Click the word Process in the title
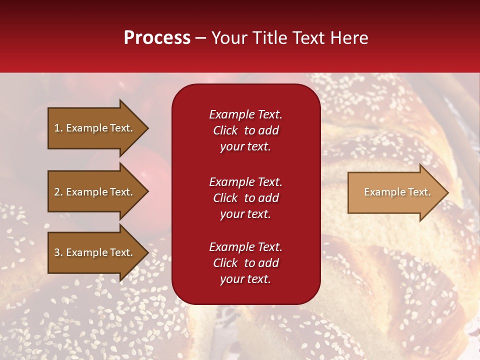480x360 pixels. [157, 38]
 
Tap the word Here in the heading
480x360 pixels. [349, 38]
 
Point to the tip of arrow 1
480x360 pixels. [147, 128]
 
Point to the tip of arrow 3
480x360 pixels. [147, 252]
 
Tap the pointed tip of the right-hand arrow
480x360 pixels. [447, 192]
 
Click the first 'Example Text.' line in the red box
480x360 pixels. [245, 114]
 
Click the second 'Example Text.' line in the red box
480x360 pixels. [245, 181]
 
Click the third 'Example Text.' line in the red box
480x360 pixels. [245, 247]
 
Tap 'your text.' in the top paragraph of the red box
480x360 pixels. [245, 146]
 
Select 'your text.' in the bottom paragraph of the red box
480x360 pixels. [245, 279]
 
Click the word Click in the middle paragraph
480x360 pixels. [225, 198]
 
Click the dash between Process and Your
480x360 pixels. [201, 38]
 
